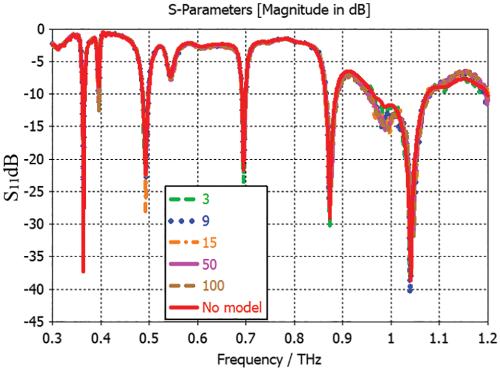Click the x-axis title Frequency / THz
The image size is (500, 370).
(269, 359)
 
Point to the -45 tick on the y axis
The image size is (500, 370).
(37, 322)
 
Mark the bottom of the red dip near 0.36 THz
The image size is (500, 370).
(83, 271)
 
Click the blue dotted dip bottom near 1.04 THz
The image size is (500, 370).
(410, 291)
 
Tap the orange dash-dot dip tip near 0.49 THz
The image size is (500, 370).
(145, 210)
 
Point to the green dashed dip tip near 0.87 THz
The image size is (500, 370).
(329, 225)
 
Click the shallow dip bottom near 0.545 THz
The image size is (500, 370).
(171, 79)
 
